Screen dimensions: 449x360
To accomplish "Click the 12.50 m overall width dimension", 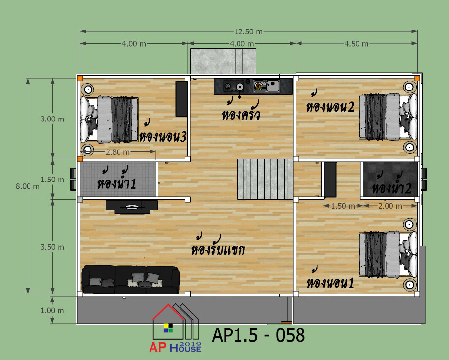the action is click(248, 31).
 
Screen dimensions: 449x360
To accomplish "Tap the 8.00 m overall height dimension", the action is click(28, 186).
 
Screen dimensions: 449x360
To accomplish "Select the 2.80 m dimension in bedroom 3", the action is click(118, 152).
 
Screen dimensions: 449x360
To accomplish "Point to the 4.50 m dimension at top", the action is click(356, 44).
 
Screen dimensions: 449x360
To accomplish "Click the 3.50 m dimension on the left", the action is click(52, 247).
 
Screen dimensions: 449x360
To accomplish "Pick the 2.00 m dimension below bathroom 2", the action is click(390, 206).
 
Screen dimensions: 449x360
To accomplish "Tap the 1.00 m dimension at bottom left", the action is click(52, 310).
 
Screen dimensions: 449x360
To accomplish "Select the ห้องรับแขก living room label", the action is click(218, 246).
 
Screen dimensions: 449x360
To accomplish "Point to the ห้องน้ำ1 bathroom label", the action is click(117, 180).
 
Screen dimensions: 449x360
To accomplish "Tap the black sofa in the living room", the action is click(131, 279).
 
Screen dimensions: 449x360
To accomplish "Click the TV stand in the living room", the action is click(132, 207).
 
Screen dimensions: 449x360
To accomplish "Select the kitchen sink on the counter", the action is click(267, 86).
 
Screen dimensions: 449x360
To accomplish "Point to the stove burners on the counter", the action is click(234, 86).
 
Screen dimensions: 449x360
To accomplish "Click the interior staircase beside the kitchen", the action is click(265, 180).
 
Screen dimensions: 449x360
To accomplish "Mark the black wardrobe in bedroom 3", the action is click(181, 98).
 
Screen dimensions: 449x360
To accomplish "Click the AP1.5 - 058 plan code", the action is click(258, 335).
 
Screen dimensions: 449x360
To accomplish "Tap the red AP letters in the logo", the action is click(157, 347).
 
